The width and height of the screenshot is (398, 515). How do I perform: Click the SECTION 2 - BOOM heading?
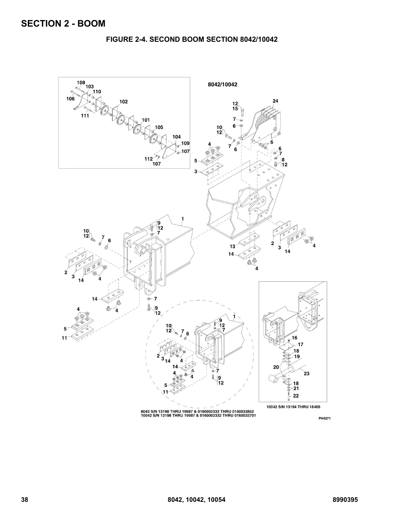(63, 23)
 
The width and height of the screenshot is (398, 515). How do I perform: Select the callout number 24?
(275, 101)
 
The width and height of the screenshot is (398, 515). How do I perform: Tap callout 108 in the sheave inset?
(81, 83)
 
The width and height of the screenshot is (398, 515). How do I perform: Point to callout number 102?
(124, 102)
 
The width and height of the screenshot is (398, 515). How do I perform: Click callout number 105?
(159, 127)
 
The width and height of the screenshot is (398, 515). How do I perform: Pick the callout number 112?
(148, 159)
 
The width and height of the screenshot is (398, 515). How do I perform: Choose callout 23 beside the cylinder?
(306, 373)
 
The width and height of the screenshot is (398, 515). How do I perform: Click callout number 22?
(296, 396)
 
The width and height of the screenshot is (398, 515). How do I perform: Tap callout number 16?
(294, 338)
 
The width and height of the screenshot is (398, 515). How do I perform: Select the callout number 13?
(233, 246)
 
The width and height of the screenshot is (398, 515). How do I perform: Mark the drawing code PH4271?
(325, 418)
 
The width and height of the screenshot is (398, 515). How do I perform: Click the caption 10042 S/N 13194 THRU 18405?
(293, 407)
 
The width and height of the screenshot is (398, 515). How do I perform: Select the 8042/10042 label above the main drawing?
(223, 85)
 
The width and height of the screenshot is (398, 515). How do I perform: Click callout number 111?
(85, 116)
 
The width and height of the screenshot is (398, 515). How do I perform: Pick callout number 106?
(70, 99)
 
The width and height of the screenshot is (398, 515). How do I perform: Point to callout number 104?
(177, 137)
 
